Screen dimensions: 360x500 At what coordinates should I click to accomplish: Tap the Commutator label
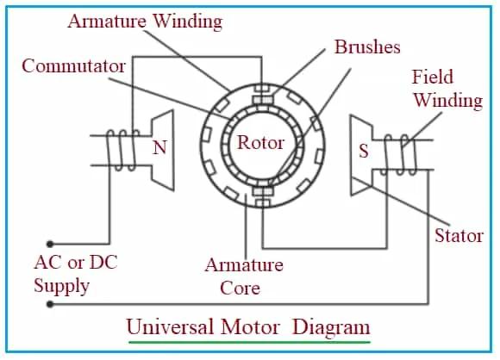(x=74, y=65)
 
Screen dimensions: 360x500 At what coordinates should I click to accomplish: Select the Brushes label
(x=367, y=47)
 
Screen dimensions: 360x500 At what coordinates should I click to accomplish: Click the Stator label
(x=458, y=235)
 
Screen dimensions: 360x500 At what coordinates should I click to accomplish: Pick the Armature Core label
(x=244, y=276)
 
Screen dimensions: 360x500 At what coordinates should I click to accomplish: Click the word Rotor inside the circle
(x=260, y=142)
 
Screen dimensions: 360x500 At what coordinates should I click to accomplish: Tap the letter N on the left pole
(x=159, y=148)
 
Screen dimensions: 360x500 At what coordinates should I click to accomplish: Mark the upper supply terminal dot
(x=50, y=244)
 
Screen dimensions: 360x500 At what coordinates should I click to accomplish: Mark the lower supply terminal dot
(x=50, y=304)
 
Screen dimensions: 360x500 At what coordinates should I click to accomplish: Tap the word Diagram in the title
(x=331, y=327)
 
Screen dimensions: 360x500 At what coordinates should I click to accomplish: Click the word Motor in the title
(x=249, y=327)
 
